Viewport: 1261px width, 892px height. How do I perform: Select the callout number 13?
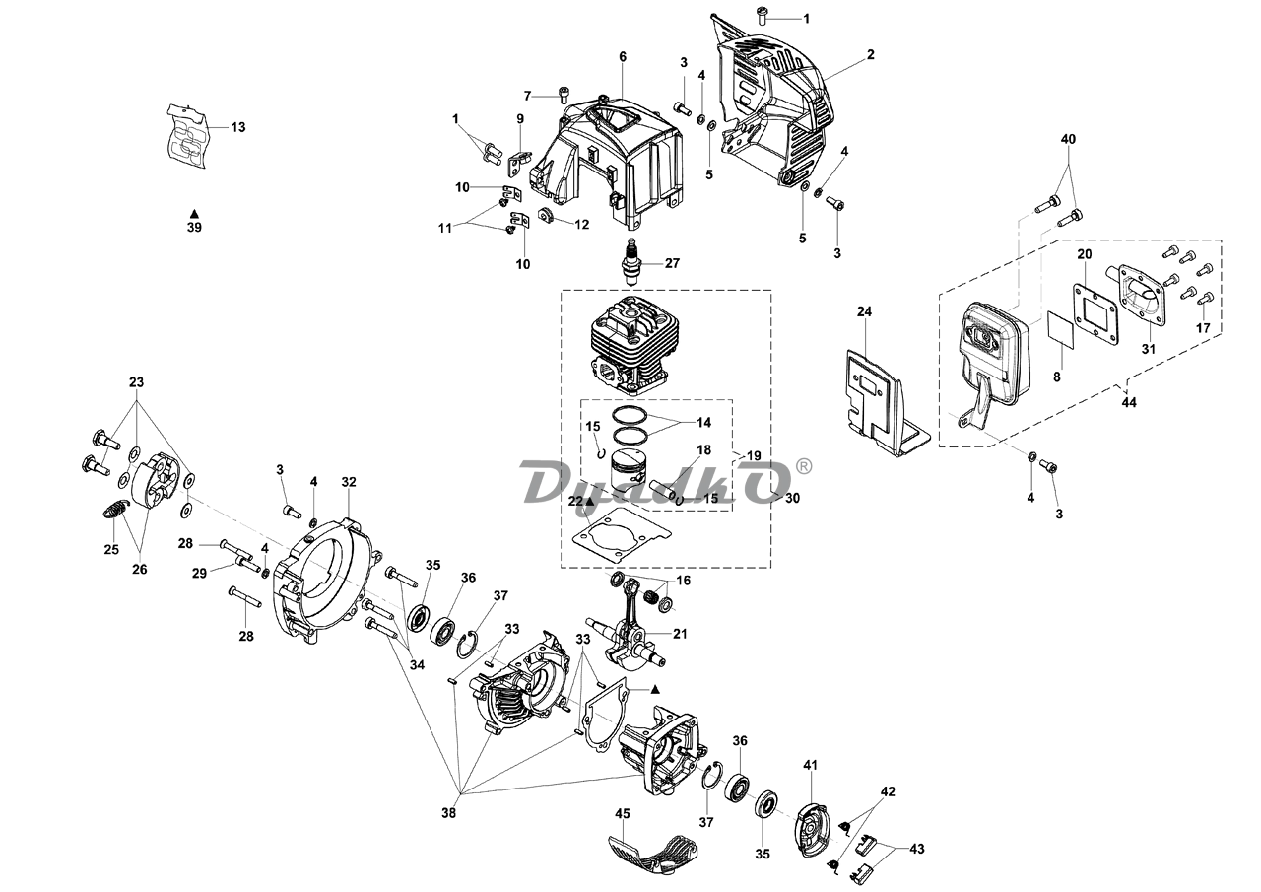tap(238, 127)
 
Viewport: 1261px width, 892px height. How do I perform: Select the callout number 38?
tap(448, 813)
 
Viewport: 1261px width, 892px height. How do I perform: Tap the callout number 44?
tap(1129, 403)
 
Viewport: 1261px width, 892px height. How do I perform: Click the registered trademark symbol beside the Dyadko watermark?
tap(805, 467)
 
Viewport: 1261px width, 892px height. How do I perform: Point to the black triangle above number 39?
tap(194, 214)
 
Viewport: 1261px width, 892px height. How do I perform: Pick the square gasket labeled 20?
tap(1095, 313)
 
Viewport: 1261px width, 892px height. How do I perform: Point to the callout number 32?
tap(349, 481)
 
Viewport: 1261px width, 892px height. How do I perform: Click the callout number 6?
tap(622, 57)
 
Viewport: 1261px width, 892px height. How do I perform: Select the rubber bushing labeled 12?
tap(545, 215)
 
